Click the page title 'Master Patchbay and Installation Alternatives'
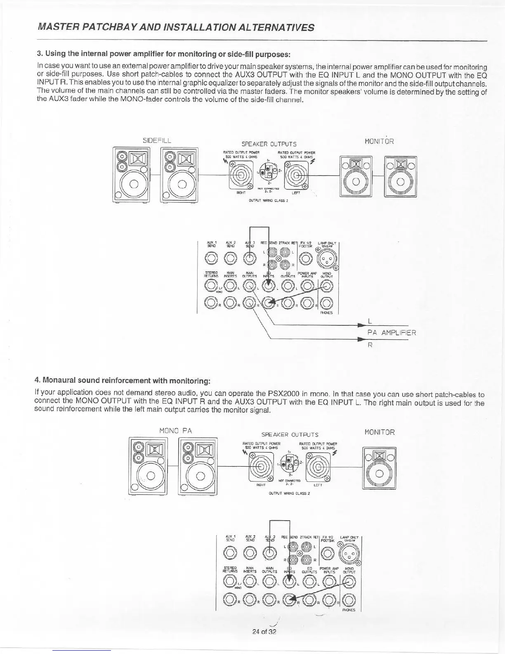tap(176, 28)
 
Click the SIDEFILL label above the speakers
tap(157, 140)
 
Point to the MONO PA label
tap(176, 431)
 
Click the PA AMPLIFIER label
tap(392, 332)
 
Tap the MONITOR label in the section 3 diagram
tap(380, 141)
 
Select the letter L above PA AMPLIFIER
tap(370, 321)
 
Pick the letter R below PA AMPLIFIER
tap(370, 345)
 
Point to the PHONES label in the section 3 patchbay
tap(326, 313)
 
